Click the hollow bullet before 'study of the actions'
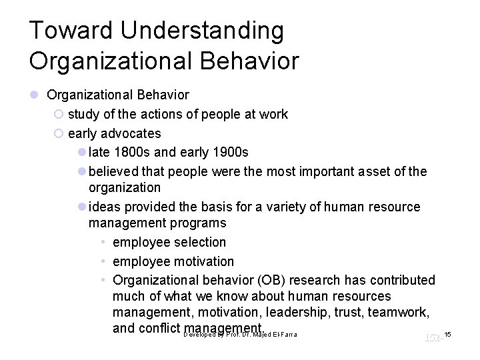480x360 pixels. pyautogui.click(x=58, y=115)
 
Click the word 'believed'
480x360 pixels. pyautogui.click(x=114, y=172)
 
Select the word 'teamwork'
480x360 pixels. pyautogui.click(x=403, y=312)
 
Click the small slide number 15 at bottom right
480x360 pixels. pyautogui.click(x=447, y=333)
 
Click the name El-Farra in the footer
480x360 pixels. pyautogui.click(x=282, y=333)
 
